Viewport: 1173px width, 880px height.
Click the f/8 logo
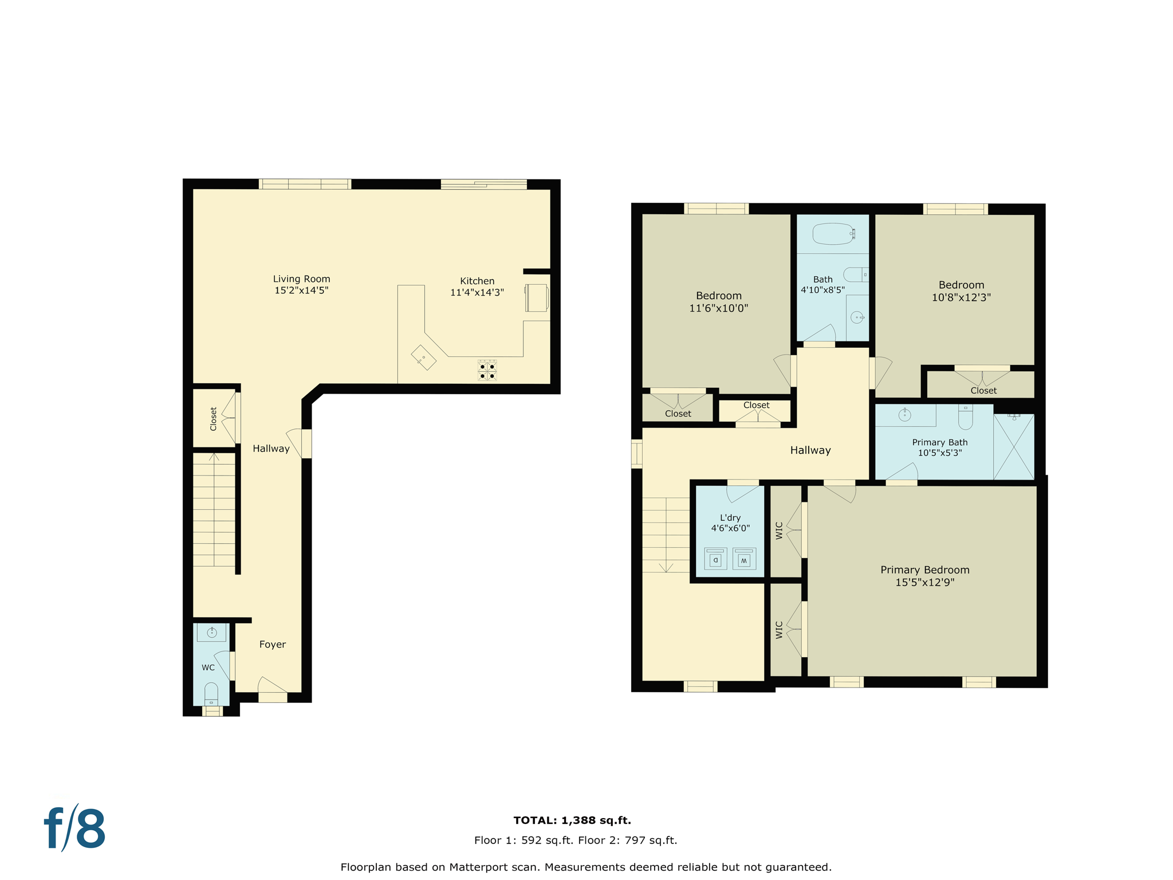tap(75, 829)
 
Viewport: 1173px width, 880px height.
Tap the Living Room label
tap(301, 279)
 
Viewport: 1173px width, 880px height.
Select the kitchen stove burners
tap(487, 371)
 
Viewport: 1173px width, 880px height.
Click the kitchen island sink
tap(423, 357)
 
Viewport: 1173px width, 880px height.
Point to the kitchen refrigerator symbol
tap(537, 298)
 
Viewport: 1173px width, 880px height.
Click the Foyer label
tap(272, 645)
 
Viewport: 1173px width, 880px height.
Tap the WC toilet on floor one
tap(211, 694)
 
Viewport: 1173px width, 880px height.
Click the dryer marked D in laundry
tap(715, 559)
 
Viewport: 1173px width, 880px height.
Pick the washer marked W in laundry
tap(744, 559)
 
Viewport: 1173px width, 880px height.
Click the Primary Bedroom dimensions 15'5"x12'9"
tap(924, 583)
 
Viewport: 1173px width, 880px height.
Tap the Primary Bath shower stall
tap(1013, 447)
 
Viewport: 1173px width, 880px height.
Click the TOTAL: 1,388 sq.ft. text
tap(572, 820)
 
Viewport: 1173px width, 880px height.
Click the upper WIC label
tap(779, 531)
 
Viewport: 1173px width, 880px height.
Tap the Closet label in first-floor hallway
tap(214, 419)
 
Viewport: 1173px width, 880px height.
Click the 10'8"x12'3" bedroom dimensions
tap(961, 297)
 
